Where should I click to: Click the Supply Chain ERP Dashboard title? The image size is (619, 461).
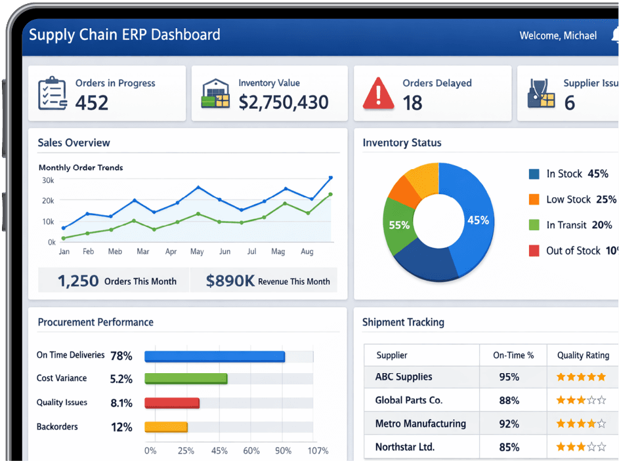pyautogui.click(x=125, y=35)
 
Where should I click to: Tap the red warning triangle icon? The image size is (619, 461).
pyautogui.click(x=379, y=94)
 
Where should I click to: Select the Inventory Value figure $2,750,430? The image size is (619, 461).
pyautogui.click(x=284, y=102)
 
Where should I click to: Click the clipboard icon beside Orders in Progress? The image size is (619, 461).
pyautogui.click(x=53, y=94)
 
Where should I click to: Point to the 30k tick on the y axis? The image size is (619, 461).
pyautogui.click(x=48, y=180)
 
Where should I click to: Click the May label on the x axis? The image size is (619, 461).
pyautogui.click(x=197, y=252)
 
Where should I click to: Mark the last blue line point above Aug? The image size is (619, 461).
pyautogui.click(x=330, y=178)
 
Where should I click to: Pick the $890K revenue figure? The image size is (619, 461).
pyautogui.click(x=230, y=281)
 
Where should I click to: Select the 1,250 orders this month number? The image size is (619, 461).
pyautogui.click(x=78, y=281)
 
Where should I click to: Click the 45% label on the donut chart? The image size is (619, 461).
pyautogui.click(x=478, y=220)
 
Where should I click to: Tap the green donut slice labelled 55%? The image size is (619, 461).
pyautogui.click(x=399, y=225)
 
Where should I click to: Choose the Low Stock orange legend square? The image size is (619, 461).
pyautogui.click(x=534, y=199)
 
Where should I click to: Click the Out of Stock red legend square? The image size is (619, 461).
pyautogui.click(x=534, y=251)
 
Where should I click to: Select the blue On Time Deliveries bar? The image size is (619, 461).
pyautogui.click(x=215, y=356)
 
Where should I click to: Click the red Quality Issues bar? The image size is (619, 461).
pyautogui.click(x=171, y=403)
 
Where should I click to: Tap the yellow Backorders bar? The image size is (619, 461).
pyautogui.click(x=166, y=427)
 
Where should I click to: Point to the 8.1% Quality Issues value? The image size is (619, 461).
pyautogui.click(x=121, y=403)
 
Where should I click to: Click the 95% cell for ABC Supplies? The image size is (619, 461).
pyautogui.click(x=509, y=377)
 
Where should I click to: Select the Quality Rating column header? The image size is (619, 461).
pyautogui.click(x=583, y=355)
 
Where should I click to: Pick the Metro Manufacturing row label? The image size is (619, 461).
pyautogui.click(x=420, y=424)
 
